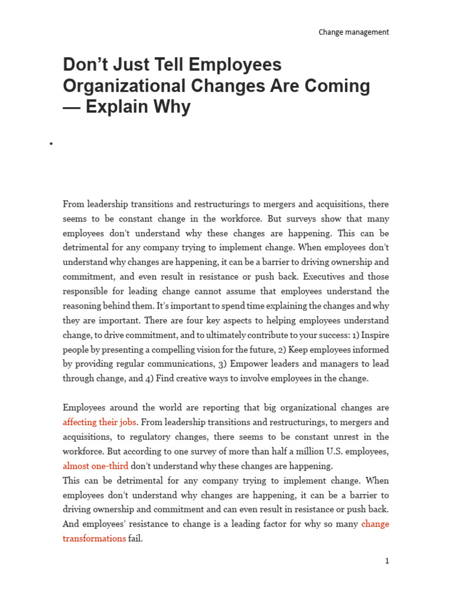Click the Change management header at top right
pyautogui.click(x=353, y=32)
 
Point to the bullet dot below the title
pyautogui.click(x=51, y=144)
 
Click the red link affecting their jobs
pyautogui.click(x=100, y=422)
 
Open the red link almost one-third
pyautogui.click(x=95, y=466)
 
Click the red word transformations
pyautogui.click(x=94, y=538)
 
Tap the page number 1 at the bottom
pyautogui.click(x=387, y=561)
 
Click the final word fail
pyautogui.click(x=135, y=538)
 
